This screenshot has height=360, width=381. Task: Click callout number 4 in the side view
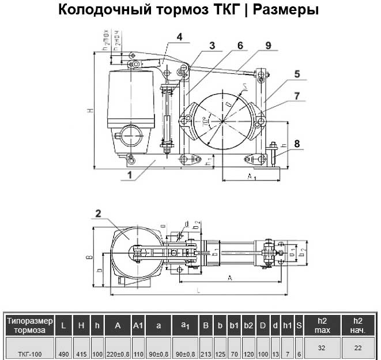180,36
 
